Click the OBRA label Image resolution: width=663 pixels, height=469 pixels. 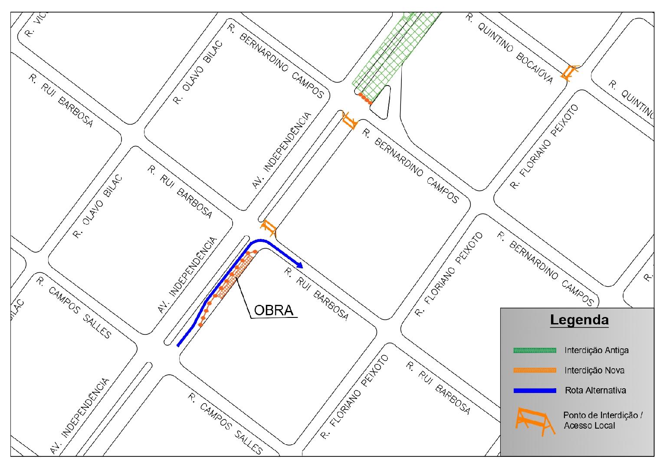coord(273,310)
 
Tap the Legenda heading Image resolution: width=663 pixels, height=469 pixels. coord(579,320)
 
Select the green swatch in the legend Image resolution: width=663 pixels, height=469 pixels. coord(534,350)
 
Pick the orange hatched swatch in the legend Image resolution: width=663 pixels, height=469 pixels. coord(534,370)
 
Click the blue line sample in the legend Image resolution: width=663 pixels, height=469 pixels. coord(534,391)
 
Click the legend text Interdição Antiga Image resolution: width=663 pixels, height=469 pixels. coord(596,350)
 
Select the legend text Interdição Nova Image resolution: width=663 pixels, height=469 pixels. coord(594,370)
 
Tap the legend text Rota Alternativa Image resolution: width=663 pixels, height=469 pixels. coord(595,390)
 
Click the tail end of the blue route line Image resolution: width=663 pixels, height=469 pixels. coord(179,345)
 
